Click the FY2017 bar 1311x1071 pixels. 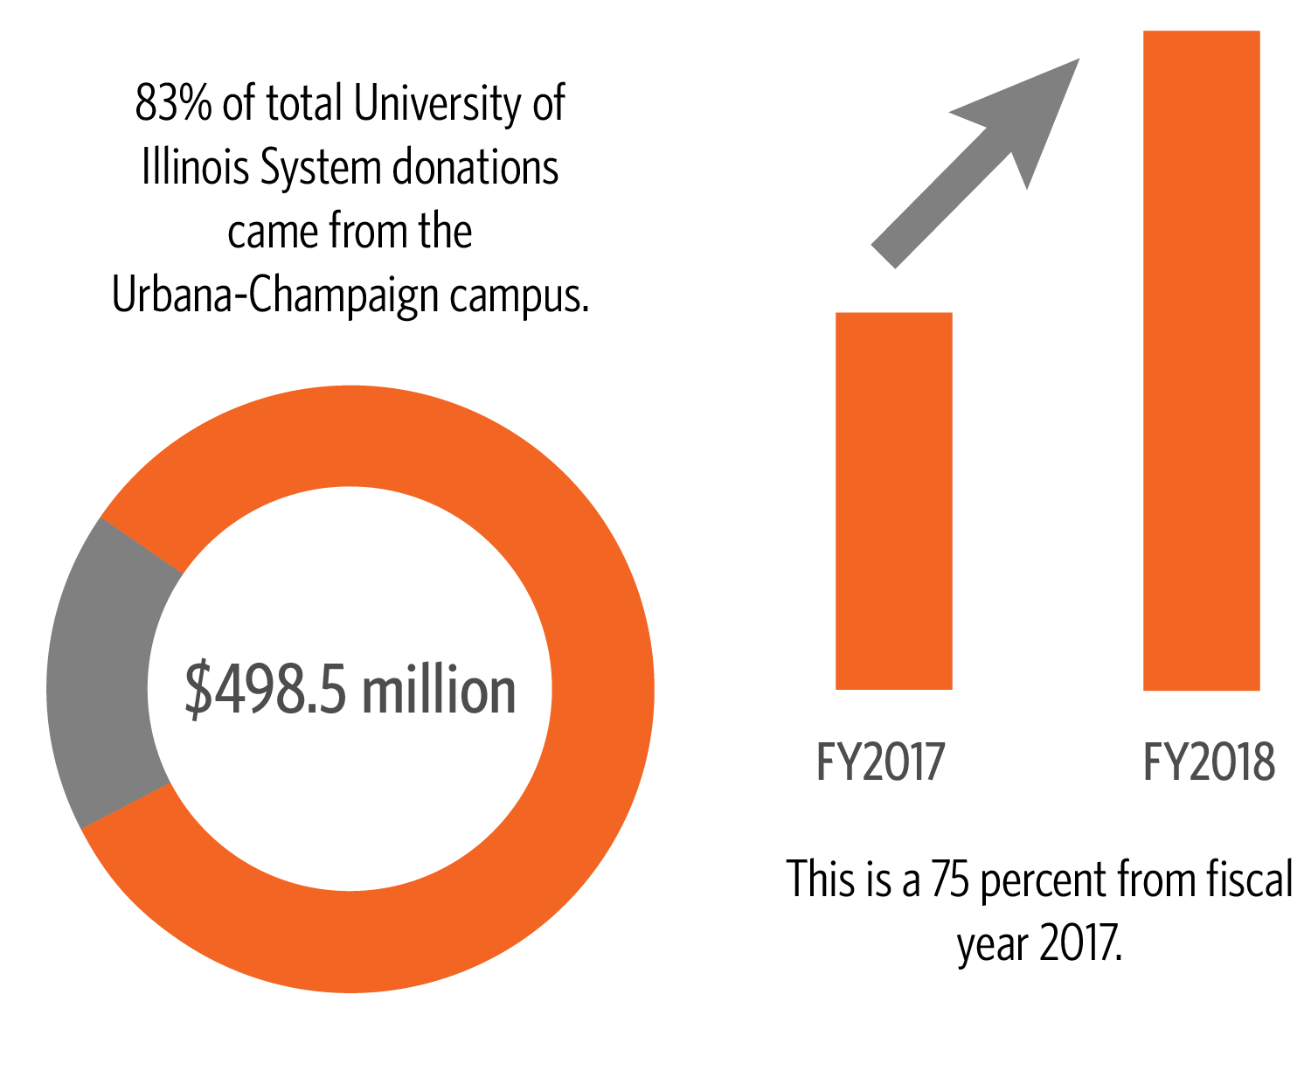click(893, 500)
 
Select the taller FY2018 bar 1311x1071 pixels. click(1201, 360)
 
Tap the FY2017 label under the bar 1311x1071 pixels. click(880, 762)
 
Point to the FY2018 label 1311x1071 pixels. click(1209, 762)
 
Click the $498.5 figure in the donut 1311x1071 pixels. click(267, 690)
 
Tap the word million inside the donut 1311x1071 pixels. click(439, 690)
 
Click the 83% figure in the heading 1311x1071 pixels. click(173, 103)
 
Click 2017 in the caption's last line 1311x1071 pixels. click(1082, 942)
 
